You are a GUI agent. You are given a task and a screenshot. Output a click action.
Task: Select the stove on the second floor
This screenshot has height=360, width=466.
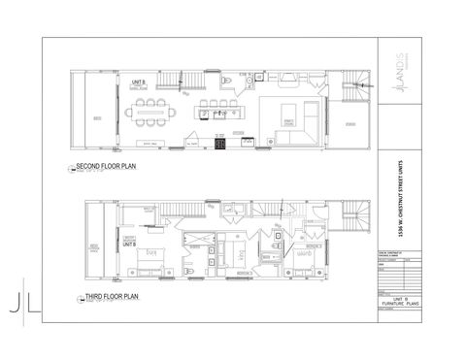click(x=220, y=146)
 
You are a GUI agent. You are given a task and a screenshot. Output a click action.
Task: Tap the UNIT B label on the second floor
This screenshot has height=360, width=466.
click(x=139, y=84)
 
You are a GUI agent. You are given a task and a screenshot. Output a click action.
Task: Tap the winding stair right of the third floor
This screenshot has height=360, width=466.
click(x=360, y=217)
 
